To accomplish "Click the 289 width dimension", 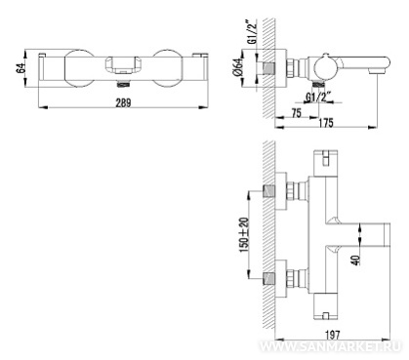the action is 124,102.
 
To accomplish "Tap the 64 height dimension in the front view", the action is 21,68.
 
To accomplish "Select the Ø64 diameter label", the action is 238,67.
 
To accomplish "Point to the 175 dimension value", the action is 326,123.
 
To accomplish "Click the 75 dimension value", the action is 296,113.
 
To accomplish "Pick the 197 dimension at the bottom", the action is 332,335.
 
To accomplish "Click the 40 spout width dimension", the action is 356,260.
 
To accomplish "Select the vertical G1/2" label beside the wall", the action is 252,31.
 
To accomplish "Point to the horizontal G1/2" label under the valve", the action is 318,97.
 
